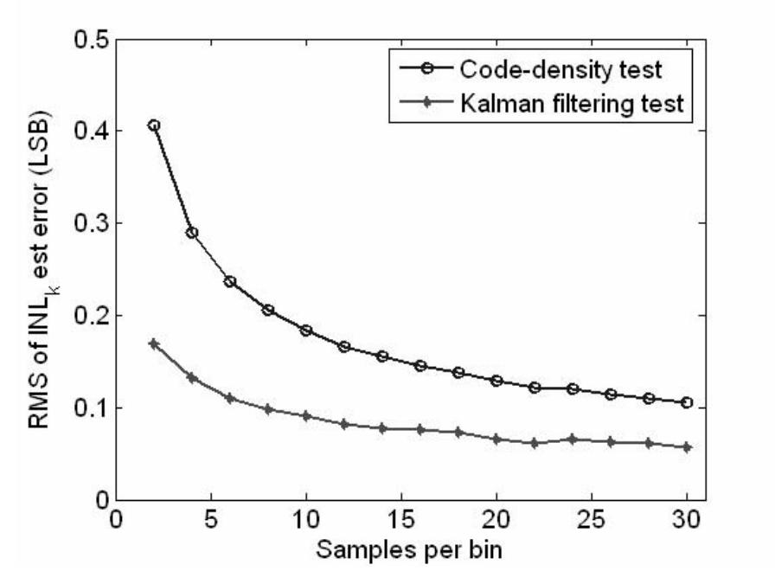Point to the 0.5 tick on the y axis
[86, 40]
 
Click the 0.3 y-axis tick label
[86, 223]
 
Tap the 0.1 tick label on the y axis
[86, 407]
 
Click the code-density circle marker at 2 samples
[154, 125]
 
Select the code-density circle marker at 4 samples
[192, 233]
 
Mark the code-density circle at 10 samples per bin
[306, 330]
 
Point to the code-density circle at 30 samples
[687, 402]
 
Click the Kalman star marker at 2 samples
[154, 343]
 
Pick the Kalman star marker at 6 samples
[230, 398]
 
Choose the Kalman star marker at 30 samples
[687, 447]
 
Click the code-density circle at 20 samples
[496, 381]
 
